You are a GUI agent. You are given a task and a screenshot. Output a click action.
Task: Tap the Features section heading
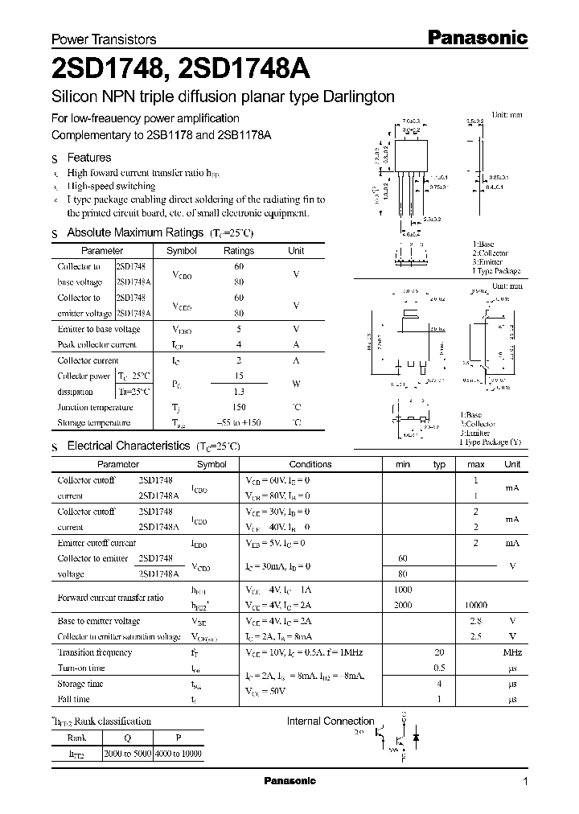click(88, 158)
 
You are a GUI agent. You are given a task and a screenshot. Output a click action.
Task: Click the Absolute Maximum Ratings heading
click(134, 232)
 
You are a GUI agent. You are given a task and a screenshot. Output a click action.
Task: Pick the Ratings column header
click(238, 251)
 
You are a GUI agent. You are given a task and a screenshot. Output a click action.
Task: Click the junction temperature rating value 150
click(238, 407)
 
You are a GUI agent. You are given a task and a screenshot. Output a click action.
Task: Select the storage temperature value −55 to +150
click(238, 423)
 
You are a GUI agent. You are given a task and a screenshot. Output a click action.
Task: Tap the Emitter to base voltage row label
click(98, 330)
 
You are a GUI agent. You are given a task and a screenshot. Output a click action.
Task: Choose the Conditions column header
click(310, 464)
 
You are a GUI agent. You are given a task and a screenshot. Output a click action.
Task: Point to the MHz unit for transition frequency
click(512, 652)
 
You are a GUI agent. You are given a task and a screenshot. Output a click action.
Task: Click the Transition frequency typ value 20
click(439, 652)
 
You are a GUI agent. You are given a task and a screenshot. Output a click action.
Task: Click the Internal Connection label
click(331, 721)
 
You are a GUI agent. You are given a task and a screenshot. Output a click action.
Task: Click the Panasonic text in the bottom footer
click(290, 782)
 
